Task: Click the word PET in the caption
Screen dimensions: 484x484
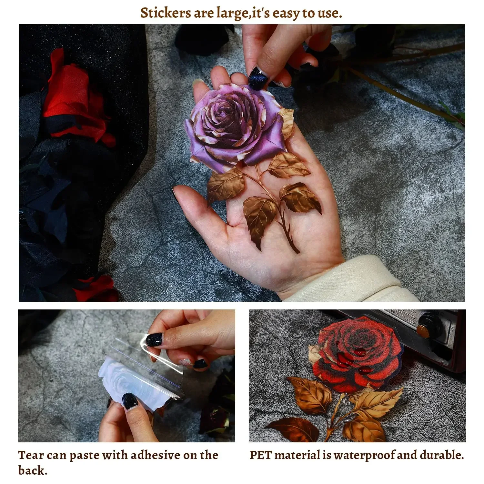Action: pos(261,455)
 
